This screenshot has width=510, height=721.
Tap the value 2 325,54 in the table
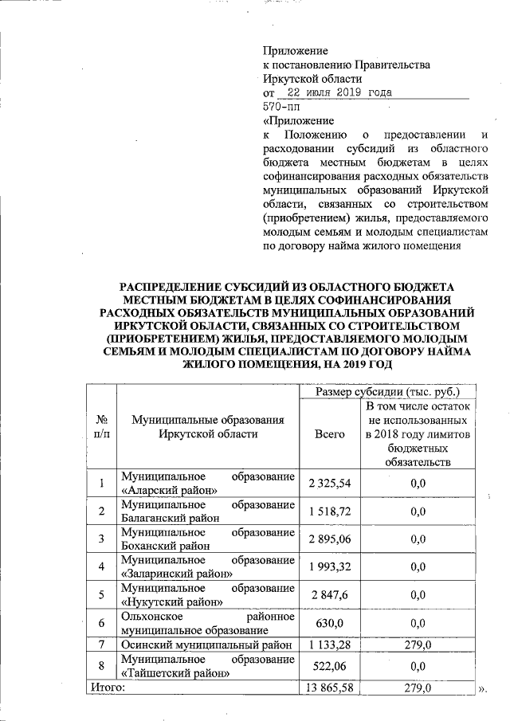click(x=329, y=484)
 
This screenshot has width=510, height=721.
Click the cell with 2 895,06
click(x=329, y=539)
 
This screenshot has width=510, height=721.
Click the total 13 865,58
click(x=329, y=687)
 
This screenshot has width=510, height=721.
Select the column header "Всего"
click(x=329, y=433)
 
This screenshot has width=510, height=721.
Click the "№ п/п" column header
click(x=101, y=426)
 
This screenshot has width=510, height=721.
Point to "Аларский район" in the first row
click(x=168, y=491)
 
